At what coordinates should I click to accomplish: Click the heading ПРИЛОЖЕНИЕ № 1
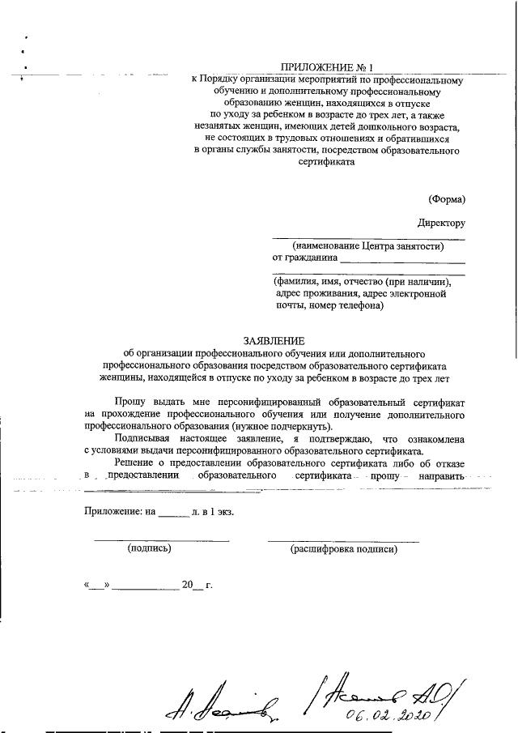pyautogui.click(x=328, y=68)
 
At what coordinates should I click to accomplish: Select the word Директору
pyautogui.click(x=441, y=223)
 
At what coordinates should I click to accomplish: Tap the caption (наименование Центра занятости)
pyautogui.click(x=369, y=246)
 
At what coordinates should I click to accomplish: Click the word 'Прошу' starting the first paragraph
pyautogui.click(x=129, y=401)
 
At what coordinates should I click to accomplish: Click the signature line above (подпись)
pyautogui.click(x=162, y=539)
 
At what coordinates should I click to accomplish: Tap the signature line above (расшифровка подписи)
pyautogui.click(x=343, y=539)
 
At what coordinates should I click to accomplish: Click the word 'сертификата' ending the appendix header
pyautogui.click(x=327, y=161)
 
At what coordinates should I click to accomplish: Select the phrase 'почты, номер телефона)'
pyautogui.click(x=329, y=306)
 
